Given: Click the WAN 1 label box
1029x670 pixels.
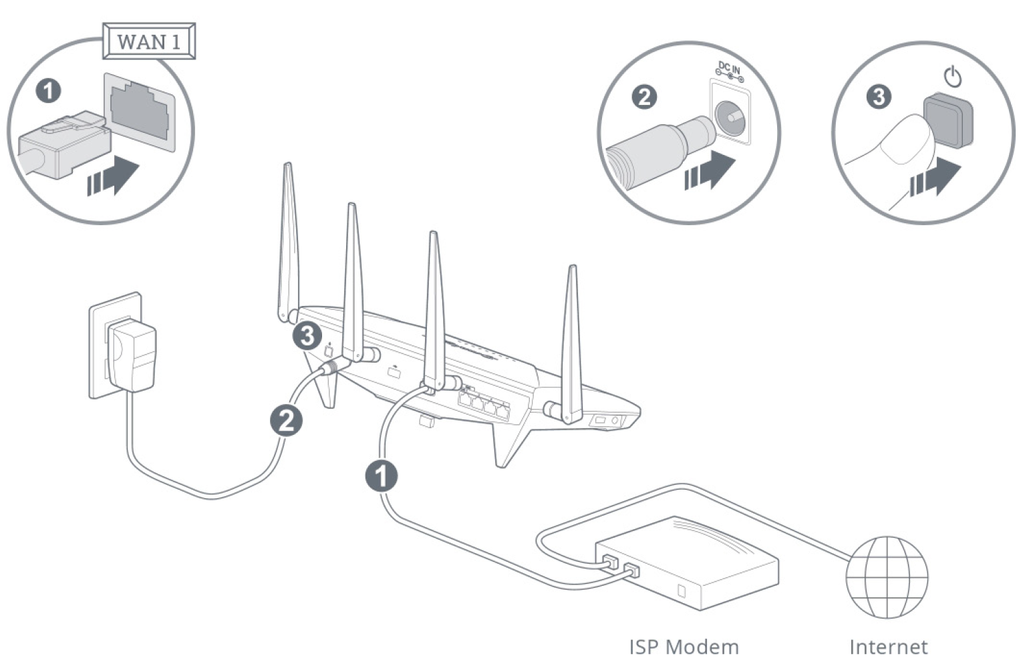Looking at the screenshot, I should pos(148,41).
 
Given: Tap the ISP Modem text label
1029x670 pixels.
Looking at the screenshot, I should pos(684,647).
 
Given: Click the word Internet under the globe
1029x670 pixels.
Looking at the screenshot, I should pos(888,647).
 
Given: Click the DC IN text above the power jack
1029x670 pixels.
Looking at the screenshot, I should pos(729,69).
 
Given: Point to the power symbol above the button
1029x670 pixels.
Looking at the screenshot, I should pos(953,77).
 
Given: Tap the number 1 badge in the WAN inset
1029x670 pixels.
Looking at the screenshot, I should pos(48,91).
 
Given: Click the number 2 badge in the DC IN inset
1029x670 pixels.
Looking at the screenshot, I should pos(644,98).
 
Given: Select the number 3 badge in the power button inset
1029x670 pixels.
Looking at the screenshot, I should pos(879,98).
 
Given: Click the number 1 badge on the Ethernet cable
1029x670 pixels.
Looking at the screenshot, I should pos(381,476).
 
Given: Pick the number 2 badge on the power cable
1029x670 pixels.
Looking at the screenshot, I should pos(286,421).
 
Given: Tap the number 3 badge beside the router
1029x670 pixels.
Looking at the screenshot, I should pos(307,335).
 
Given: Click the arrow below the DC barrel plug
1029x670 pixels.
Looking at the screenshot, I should pos(710,171).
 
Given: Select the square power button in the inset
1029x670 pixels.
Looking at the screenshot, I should pos(948,120).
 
